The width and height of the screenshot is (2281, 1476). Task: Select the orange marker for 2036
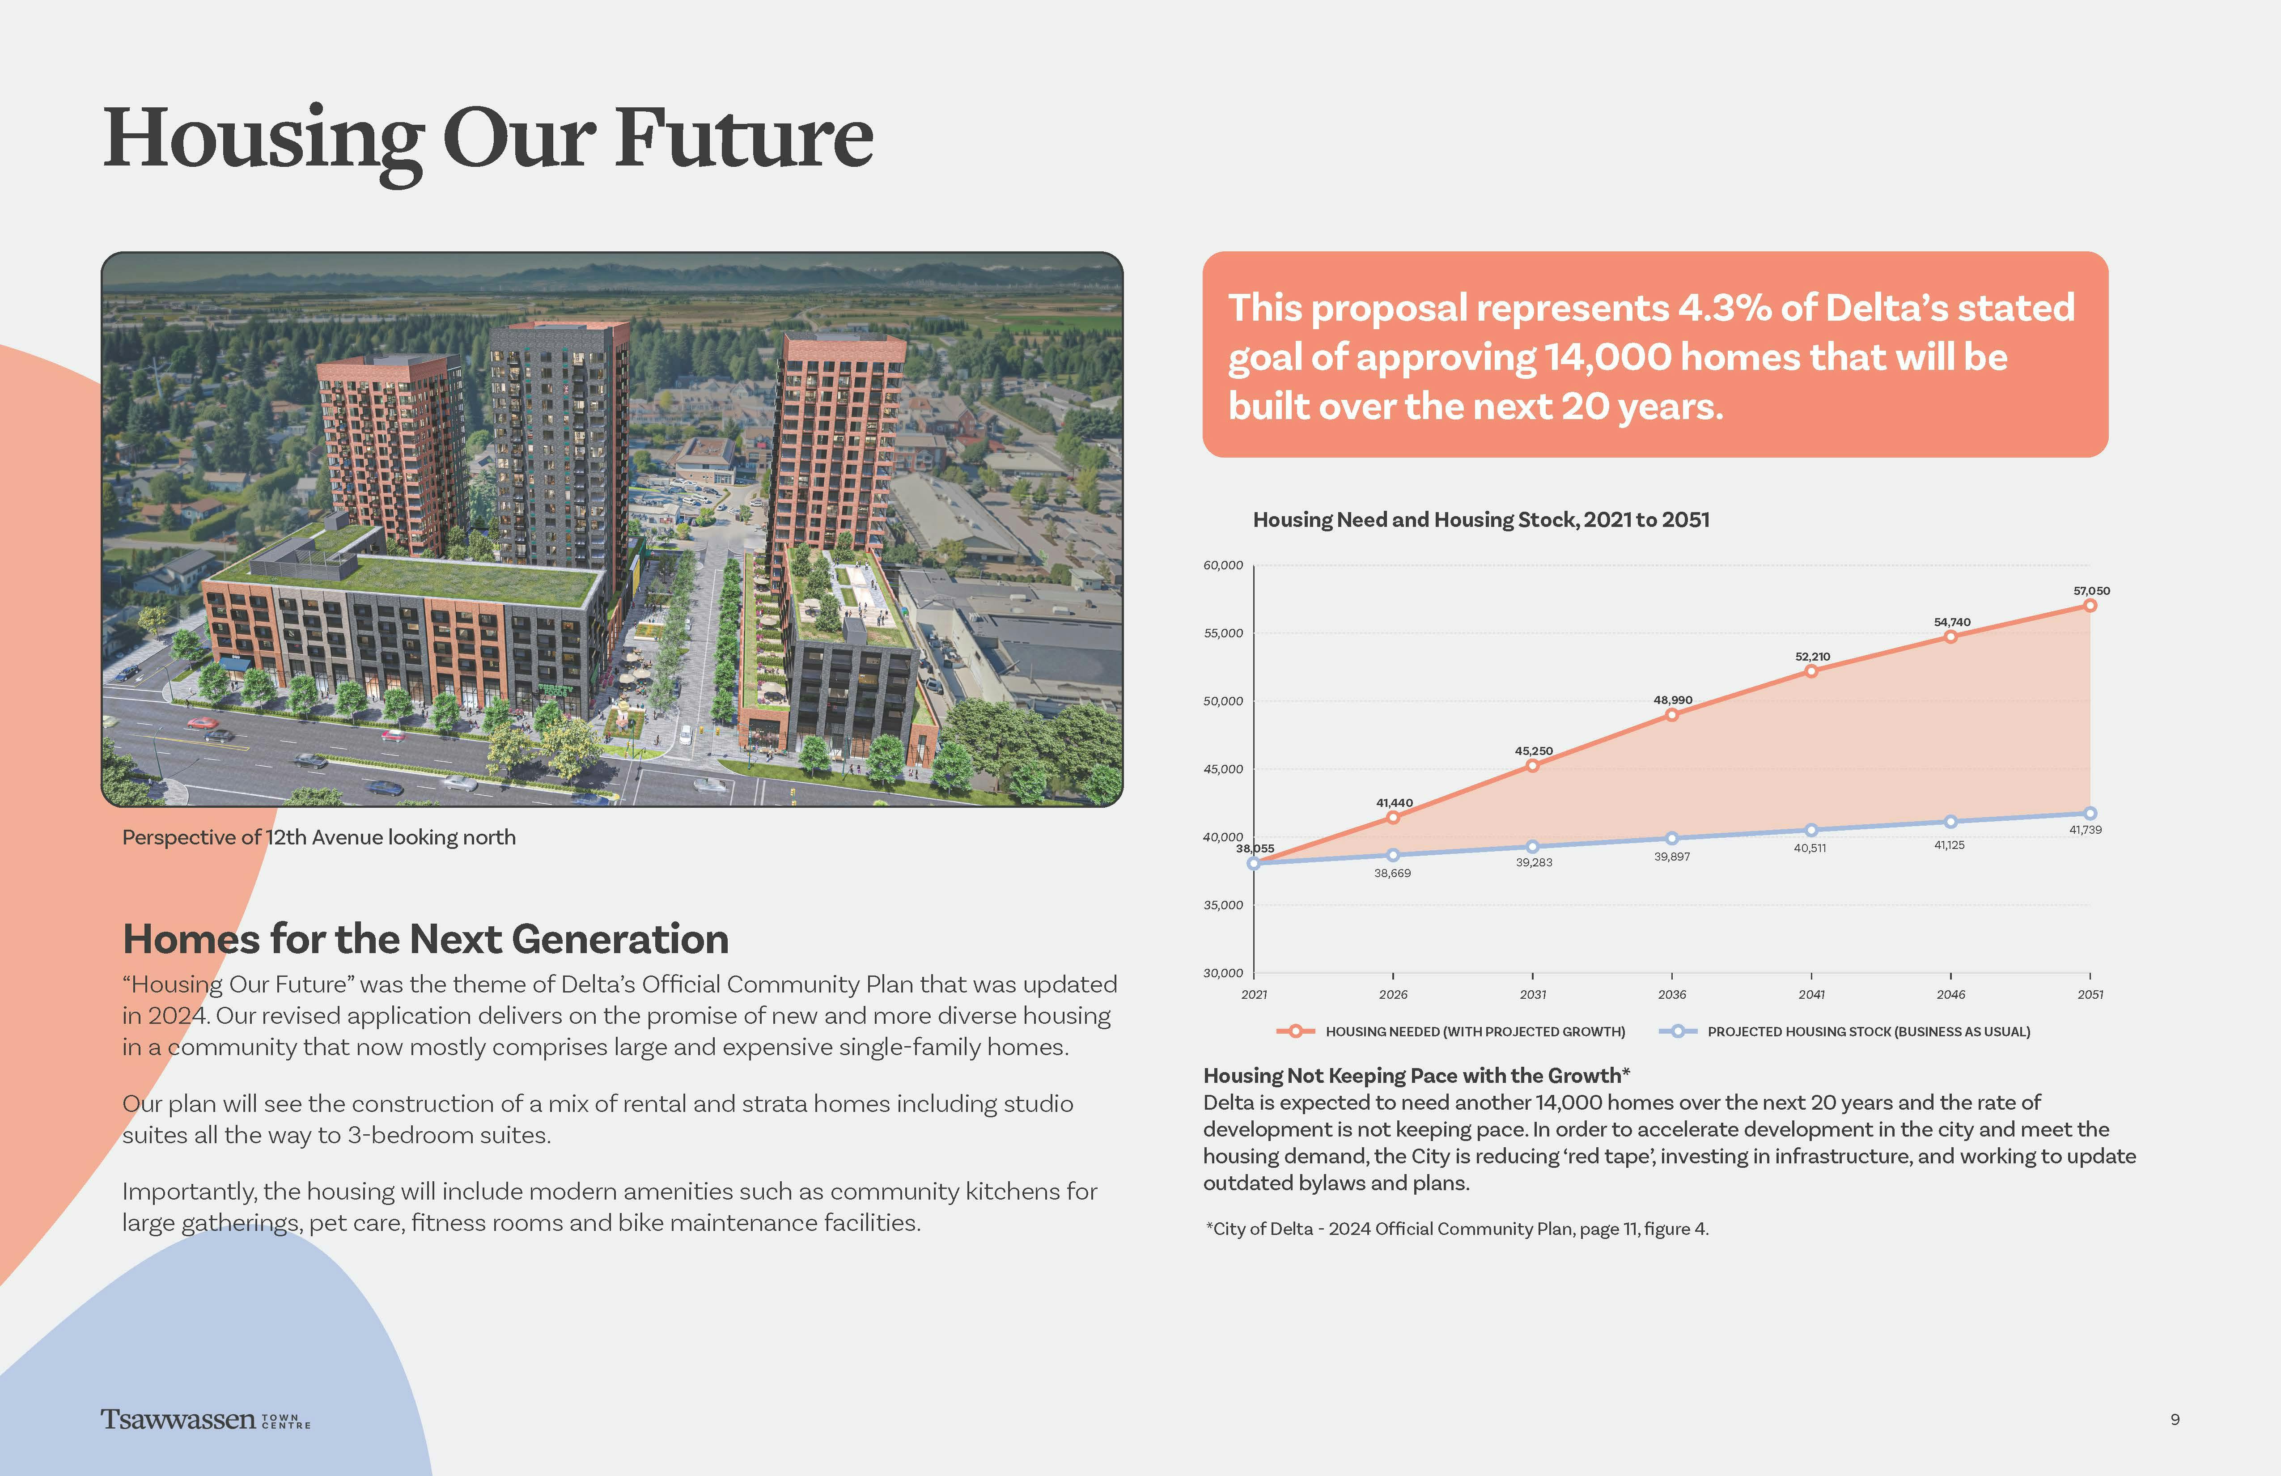[x=1671, y=715]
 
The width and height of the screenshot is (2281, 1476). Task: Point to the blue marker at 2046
[x=1950, y=821]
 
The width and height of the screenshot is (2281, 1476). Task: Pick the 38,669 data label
[x=1393, y=873]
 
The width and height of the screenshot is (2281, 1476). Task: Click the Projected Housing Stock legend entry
[x=1850, y=1031]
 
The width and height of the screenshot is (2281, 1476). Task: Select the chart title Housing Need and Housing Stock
[x=1481, y=519]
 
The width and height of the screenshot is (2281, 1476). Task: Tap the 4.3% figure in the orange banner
[x=1723, y=308]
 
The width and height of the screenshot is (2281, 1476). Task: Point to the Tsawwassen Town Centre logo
[x=205, y=1420]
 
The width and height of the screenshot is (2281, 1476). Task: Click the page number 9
[x=2175, y=1420]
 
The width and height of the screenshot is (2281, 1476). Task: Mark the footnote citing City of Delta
[x=1457, y=1229]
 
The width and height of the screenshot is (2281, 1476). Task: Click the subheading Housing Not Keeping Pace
[x=1416, y=1075]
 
